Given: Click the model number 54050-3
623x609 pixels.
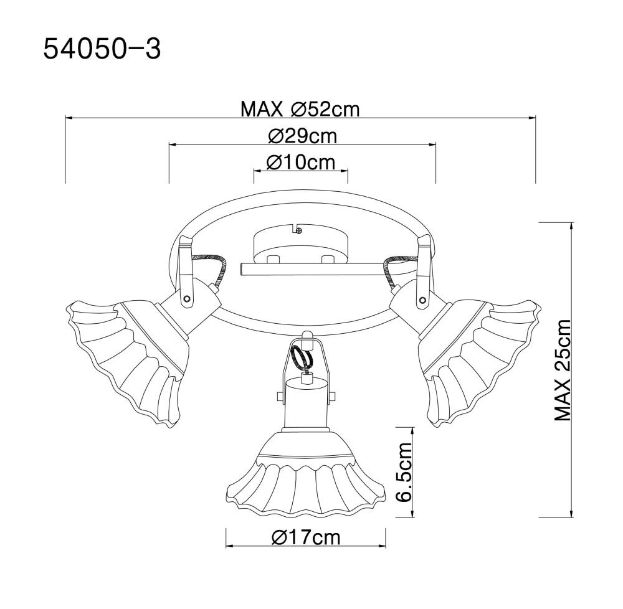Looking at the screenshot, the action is pos(102,49).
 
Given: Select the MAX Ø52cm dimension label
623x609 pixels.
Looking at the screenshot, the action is pos(300,109).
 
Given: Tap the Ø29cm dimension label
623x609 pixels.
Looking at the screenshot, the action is pos(303,136).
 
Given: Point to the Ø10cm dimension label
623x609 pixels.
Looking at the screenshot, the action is pos(301,162).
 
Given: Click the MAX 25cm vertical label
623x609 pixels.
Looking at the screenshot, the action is pos(562,370).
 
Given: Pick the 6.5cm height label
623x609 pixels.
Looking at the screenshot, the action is pos(405,472).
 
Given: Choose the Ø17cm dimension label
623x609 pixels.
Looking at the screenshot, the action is pos(306,537).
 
